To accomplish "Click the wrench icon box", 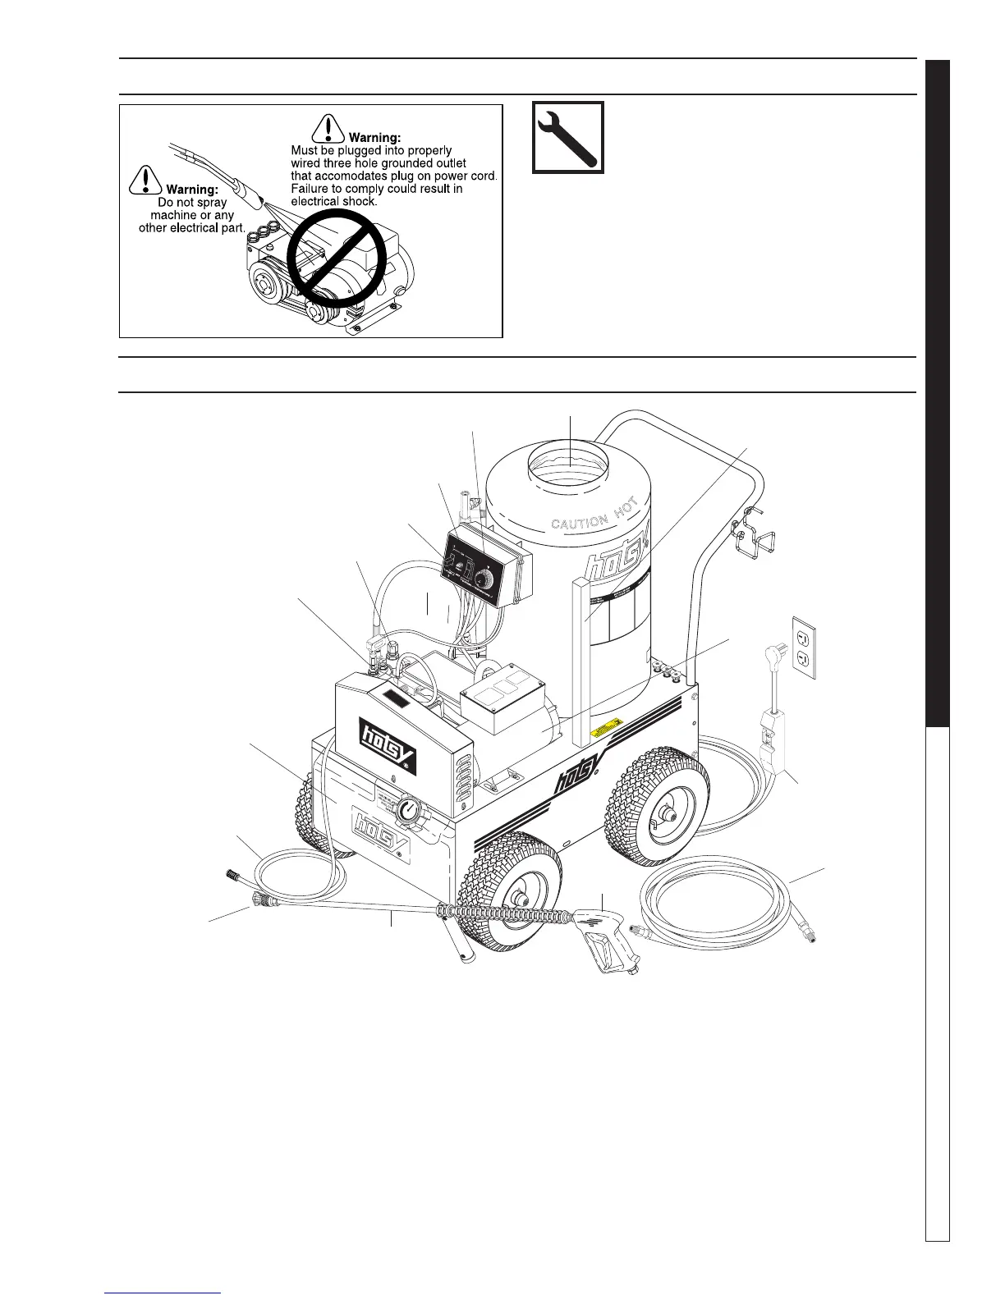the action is click(568, 137).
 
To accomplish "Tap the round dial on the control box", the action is click(487, 578).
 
